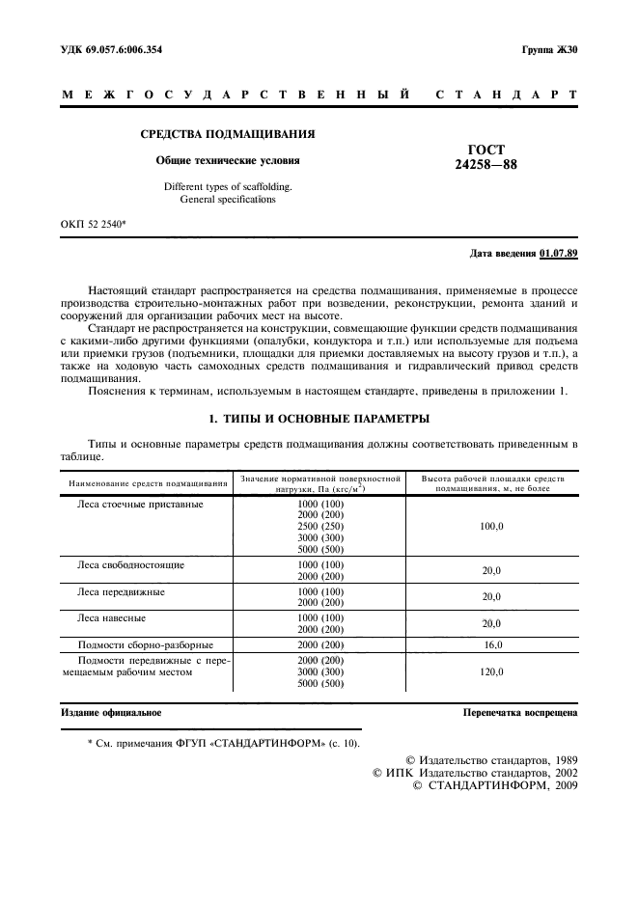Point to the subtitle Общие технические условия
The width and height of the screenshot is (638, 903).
pyautogui.click(x=228, y=160)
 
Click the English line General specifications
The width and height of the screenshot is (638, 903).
pyautogui.click(x=228, y=200)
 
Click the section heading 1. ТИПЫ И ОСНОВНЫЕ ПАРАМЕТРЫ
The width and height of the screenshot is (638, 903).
pyautogui.click(x=319, y=419)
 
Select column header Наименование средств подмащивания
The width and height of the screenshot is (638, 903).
pyautogui.click(x=148, y=482)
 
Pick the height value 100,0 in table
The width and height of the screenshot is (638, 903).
pyautogui.click(x=491, y=527)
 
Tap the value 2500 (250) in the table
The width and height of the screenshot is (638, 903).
pyautogui.click(x=320, y=527)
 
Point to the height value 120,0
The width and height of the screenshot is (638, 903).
pyautogui.click(x=491, y=671)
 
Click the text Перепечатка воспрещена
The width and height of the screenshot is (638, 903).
pyautogui.click(x=520, y=713)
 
